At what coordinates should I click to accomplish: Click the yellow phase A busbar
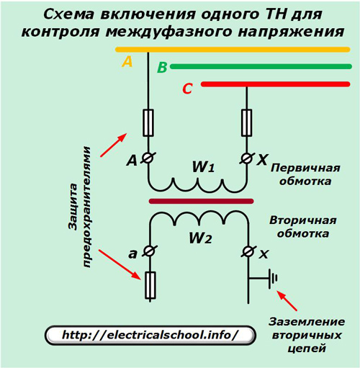tap(233, 50)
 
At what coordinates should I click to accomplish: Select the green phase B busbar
tap(261, 66)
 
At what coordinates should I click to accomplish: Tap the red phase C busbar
tap(276, 84)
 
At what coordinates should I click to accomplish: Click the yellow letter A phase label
tap(127, 61)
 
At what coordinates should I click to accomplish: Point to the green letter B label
tap(162, 68)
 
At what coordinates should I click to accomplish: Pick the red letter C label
tap(187, 89)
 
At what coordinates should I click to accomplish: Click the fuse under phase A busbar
tap(148, 122)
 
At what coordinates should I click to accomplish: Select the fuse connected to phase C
tap(246, 122)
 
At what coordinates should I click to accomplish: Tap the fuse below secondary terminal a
tap(150, 285)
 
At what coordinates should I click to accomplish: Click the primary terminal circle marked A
tap(148, 158)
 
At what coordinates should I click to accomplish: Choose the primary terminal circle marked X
tap(246, 158)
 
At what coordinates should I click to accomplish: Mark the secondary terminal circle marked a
tap(149, 251)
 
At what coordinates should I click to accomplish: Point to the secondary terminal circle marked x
tap(248, 251)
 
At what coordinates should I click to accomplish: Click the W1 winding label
tap(203, 166)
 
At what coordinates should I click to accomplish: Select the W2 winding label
tap(201, 238)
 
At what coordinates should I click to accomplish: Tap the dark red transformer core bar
tap(201, 201)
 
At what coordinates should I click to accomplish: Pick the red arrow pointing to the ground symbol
tap(287, 301)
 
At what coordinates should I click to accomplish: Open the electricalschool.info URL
tap(150, 335)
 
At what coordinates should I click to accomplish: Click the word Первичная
tap(305, 168)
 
